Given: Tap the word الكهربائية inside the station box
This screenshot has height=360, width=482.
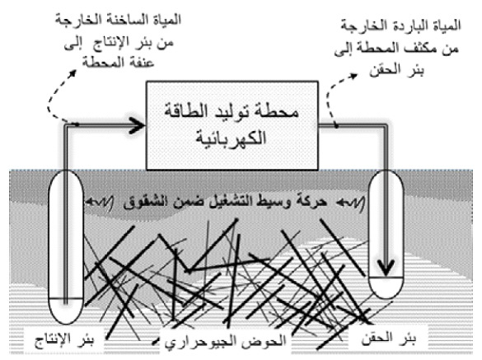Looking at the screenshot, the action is click(231, 137).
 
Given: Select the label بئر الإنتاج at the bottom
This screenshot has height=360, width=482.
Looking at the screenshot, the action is click(64, 340).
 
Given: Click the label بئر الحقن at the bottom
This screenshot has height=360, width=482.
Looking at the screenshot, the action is click(389, 339).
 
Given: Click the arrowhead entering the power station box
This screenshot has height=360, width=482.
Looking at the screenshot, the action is click(137, 125).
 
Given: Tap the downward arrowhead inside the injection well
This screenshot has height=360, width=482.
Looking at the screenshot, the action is click(386, 268).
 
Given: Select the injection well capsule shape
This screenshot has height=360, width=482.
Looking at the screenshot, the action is click(368, 234).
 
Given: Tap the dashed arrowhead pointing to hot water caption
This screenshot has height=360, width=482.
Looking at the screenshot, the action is click(73, 74).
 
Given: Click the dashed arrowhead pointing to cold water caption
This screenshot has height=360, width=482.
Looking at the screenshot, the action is click(353, 76).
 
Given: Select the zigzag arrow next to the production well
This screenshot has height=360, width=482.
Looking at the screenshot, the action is click(99, 202).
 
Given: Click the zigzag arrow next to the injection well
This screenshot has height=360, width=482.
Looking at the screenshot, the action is click(350, 203).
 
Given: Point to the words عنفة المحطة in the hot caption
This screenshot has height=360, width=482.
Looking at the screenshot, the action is click(118, 62).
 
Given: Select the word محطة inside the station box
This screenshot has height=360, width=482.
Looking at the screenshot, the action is click(279, 111).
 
